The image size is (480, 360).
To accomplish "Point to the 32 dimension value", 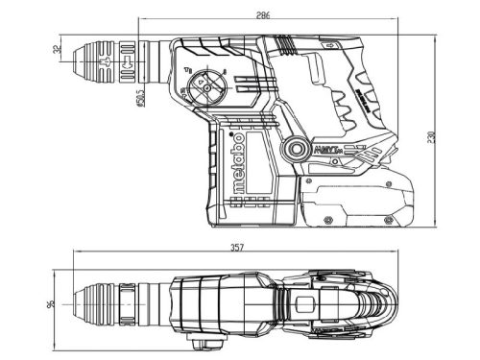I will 58,49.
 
